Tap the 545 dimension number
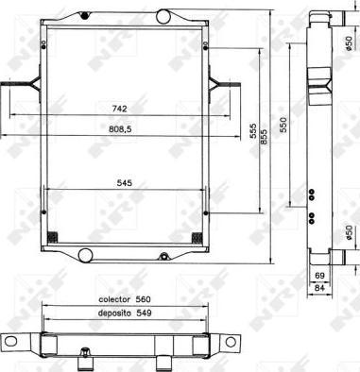point(123,184)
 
